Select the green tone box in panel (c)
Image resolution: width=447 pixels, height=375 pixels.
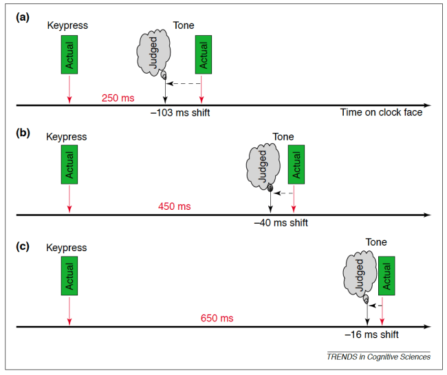pos(387,279)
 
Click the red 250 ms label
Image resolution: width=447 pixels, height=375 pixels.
pos(118,98)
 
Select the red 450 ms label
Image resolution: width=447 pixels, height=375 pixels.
pos(175,207)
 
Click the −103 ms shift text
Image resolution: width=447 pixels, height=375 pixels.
pos(180,113)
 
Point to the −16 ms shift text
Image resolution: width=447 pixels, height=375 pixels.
pos(371,335)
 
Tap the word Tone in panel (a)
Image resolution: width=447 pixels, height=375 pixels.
pos(183,26)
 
